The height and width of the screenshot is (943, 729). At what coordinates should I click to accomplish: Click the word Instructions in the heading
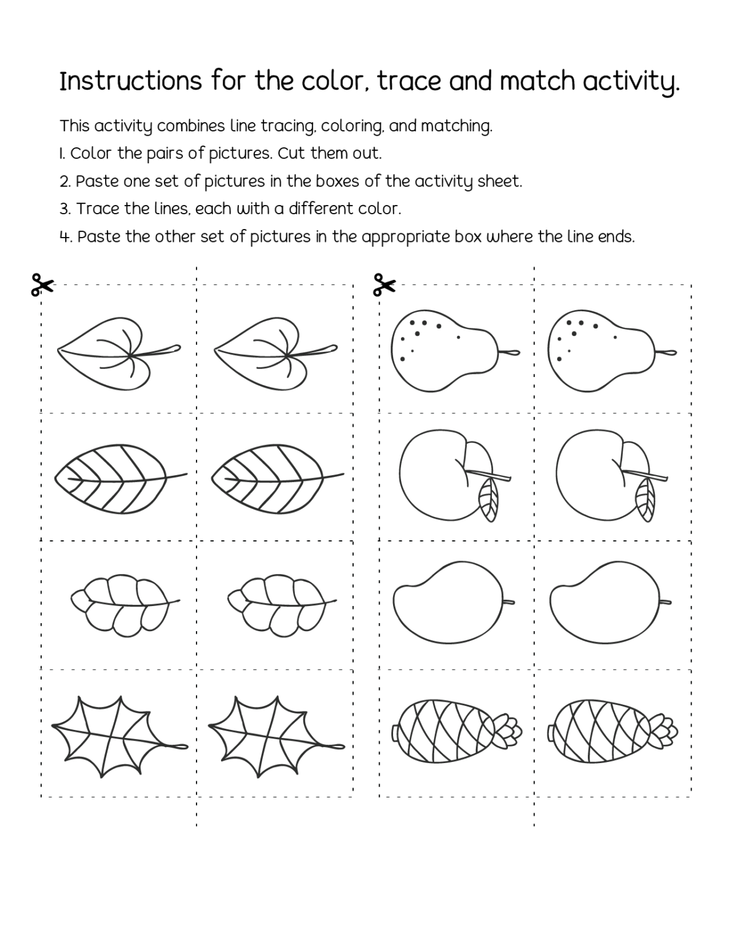coord(130,81)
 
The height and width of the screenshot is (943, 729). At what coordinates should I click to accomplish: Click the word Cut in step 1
coord(292,153)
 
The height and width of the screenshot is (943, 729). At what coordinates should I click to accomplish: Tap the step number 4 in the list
coord(65,238)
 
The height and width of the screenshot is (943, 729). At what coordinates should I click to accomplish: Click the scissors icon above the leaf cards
coord(42,285)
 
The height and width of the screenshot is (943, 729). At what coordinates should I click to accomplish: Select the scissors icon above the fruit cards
coord(384,285)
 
